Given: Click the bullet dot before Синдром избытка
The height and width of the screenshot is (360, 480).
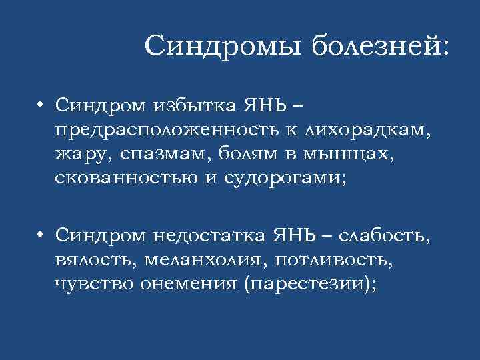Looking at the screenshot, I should [41, 104].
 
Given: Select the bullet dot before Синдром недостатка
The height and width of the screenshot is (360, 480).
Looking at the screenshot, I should [41, 235].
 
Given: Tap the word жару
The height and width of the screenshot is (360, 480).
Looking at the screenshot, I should [82, 155].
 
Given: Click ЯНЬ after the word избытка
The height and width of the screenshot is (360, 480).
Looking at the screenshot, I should [256, 104].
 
